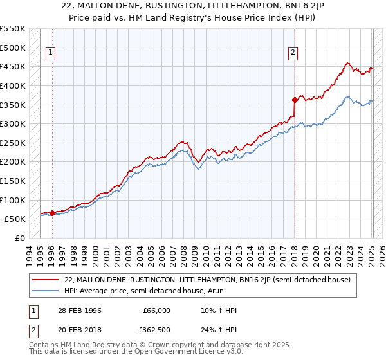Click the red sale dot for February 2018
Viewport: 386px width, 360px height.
(x=295, y=100)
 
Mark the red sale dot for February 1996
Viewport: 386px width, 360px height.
(x=53, y=213)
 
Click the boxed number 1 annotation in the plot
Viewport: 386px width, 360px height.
(x=50, y=53)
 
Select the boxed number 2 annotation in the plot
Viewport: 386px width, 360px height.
(x=293, y=53)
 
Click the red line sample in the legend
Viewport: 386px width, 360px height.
(x=46, y=280)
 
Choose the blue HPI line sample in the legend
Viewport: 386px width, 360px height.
(x=46, y=291)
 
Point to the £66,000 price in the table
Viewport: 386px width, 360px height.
(x=157, y=310)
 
